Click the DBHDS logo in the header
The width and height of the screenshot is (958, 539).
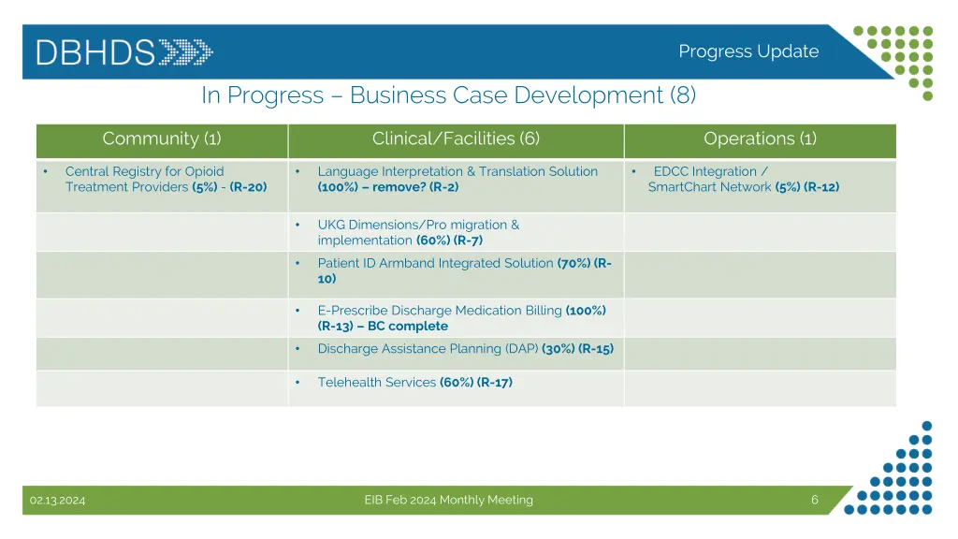click(x=124, y=51)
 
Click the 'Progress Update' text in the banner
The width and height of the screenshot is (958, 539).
click(x=748, y=51)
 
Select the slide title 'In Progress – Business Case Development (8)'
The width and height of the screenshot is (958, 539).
click(x=448, y=95)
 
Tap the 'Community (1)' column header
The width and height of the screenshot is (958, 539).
click(x=162, y=139)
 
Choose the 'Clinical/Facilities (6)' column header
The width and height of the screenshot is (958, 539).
click(x=456, y=139)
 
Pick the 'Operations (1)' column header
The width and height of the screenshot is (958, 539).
click(x=760, y=139)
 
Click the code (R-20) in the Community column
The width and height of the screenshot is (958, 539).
click(x=248, y=187)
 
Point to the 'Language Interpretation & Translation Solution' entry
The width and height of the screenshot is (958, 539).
click(x=457, y=171)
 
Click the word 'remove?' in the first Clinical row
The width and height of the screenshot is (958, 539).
click(x=399, y=187)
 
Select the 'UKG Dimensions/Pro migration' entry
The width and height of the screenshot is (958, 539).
click(x=417, y=225)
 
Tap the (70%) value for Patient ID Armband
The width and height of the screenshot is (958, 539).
click(x=573, y=264)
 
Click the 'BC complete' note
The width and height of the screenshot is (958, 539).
click(x=408, y=327)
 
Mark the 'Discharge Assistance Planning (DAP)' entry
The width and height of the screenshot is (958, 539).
click(x=428, y=349)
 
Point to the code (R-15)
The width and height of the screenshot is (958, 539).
click(x=596, y=349)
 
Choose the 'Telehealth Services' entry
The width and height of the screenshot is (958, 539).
click(x=376, y=383)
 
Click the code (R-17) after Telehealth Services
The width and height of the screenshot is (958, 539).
click(x=495, y=383)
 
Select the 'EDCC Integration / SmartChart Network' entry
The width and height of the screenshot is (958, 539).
click(x=710, y=179)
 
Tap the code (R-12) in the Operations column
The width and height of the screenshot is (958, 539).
click(x=821, y=187)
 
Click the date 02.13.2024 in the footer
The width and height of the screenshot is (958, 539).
click(x=57, y=501)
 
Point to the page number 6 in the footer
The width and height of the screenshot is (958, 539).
click(x=815, y=500)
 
